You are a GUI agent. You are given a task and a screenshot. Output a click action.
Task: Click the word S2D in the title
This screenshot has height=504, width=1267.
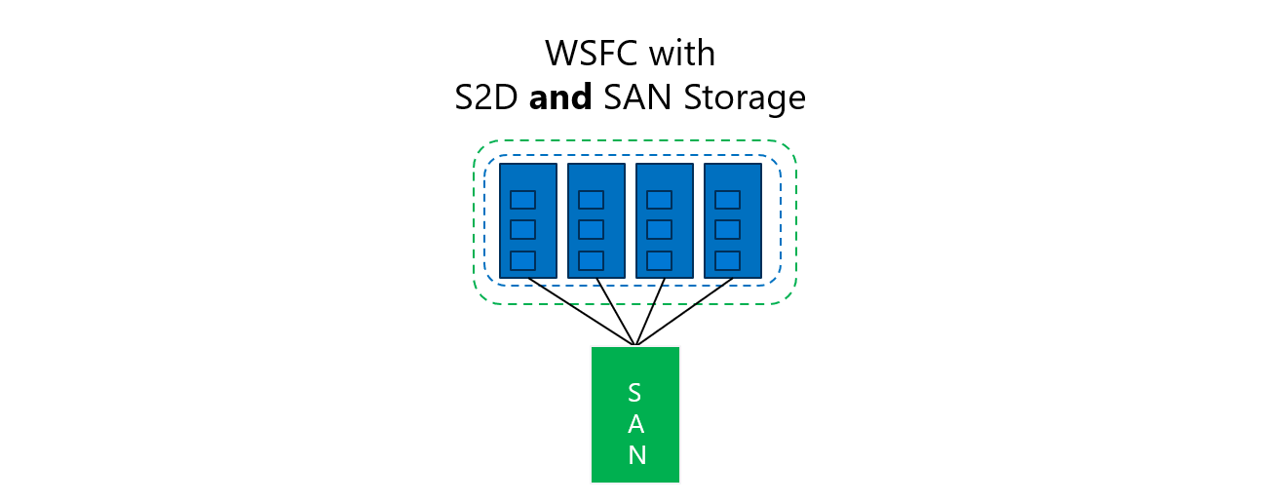point(487,97)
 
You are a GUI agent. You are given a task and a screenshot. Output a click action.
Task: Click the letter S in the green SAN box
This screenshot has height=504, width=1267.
point(634,393)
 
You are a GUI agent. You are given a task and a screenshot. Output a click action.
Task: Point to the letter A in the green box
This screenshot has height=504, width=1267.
point(634,424)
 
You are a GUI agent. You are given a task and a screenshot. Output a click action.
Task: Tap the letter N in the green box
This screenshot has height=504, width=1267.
point(635,455)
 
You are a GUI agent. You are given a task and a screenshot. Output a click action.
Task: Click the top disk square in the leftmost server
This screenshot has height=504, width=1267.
point(523,200)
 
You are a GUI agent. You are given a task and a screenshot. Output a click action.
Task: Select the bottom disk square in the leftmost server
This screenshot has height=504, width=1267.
point(523,260)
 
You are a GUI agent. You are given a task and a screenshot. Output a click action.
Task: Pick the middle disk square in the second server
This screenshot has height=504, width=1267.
point(592,230)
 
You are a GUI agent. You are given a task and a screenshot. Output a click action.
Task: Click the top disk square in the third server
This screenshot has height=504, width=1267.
point(660,200)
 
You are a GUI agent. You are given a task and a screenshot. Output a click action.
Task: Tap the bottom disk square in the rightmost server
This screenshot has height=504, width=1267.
point(728,260)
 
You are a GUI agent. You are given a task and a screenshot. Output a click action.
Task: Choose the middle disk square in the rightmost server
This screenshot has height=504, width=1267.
point(728,230)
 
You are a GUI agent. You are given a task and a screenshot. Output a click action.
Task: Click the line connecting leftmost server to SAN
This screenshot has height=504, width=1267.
point(581,312)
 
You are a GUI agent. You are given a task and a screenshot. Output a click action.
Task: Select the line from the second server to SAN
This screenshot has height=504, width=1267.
point(616,312)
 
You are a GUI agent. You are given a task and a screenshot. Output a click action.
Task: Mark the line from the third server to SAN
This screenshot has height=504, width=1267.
point(650,312)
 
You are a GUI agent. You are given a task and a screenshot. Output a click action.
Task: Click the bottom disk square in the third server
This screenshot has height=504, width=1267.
point(660,260)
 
